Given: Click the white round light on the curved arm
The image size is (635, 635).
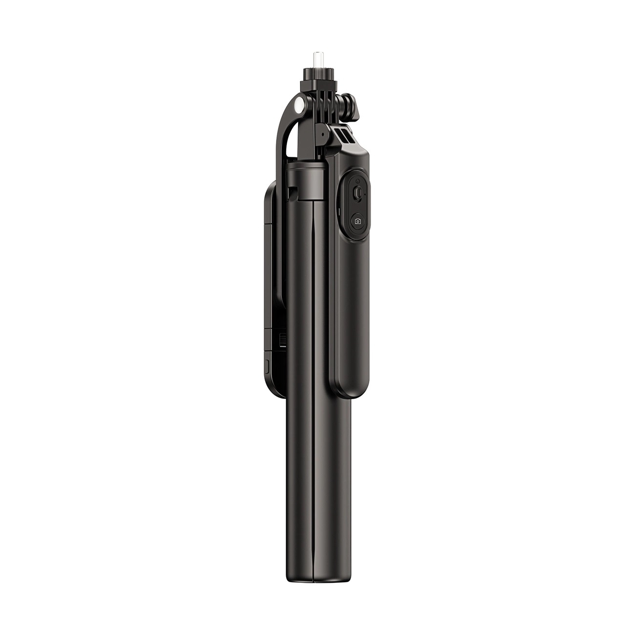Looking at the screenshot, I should pyautogui.click(x=299, y=105).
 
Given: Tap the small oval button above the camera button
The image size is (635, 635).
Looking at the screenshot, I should pyautogui.click(x=358, y=193).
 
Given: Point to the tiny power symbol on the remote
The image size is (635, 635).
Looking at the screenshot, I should pyautogui.click(x=358, y=181).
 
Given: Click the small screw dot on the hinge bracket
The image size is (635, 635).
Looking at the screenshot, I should pyautogui.click(x=323, y=134).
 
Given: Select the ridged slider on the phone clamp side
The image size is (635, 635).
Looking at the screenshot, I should pyautogui.click(x=283, y=339).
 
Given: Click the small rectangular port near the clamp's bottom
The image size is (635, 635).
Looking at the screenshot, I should pyautogui.click(x=267, y=366).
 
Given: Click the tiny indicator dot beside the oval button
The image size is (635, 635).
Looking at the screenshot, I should pyautogui.click(x=365, y=194).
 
